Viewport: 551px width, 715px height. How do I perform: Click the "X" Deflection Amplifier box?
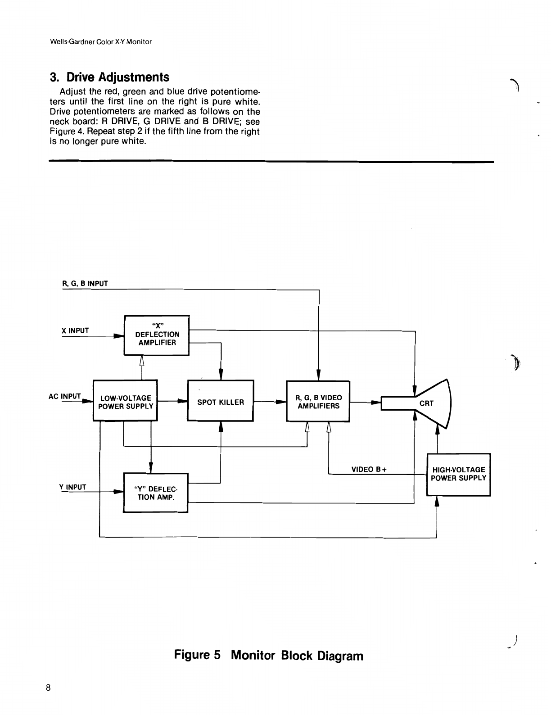tap(156, 335)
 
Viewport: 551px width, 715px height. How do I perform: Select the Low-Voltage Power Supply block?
tap(125, 401)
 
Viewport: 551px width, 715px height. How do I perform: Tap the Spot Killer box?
tap(221, 401)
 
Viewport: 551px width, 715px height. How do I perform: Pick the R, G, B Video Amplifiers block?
tap(318, 401)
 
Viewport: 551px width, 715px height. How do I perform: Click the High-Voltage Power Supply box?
tap(458, 474)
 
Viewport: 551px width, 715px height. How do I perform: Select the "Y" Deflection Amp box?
tap(155, 493)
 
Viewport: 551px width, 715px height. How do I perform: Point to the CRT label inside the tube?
tap(426, 403)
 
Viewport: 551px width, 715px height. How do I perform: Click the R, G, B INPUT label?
tap(85, 284)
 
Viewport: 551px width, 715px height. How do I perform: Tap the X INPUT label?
tap(75, 331)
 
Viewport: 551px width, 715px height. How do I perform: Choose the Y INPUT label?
tap(72, 487)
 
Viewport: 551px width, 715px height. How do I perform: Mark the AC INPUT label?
tap(65, 397)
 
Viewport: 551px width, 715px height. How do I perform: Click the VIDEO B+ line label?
tap(369, 470)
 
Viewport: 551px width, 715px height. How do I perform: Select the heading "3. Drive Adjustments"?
tap(110, 77)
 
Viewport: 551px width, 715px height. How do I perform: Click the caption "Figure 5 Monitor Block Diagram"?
tap(268, 655)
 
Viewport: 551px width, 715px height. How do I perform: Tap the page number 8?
tap(48, 688)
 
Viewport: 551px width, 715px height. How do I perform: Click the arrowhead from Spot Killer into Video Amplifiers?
tap(281, 402)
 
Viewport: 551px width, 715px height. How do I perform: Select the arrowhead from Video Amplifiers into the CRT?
tap(376, 402)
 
